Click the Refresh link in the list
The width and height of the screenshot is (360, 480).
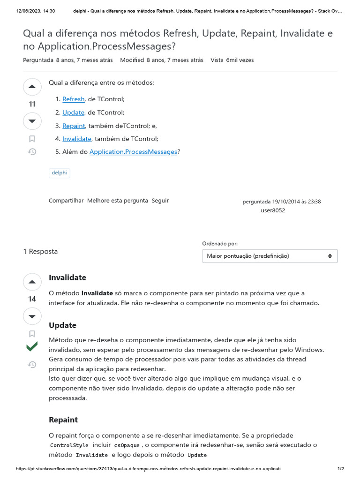point(73,99)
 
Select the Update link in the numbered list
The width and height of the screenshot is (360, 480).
point(73,112)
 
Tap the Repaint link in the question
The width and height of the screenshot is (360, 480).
point(74,126)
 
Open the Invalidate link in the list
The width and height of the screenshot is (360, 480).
point(76,139)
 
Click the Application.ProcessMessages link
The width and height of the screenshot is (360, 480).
point(133,152)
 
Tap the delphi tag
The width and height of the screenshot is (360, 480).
point(60,173)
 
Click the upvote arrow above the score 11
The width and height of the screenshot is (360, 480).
point(32,87)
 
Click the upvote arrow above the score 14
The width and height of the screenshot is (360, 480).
point(32,282)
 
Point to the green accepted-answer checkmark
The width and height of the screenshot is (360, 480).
point(32,347)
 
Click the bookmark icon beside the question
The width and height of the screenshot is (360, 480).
point(32,139)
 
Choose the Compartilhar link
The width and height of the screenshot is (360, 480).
point(66,201)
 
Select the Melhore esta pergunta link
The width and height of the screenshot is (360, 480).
point(118,201)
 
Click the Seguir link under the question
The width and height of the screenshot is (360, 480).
point(160,201)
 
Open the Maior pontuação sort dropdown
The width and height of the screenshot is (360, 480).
point(270,256)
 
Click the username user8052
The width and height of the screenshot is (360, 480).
point(273,210)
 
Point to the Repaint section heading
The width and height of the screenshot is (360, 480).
point(63,420)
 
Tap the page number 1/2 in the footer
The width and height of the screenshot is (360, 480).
point(341,469)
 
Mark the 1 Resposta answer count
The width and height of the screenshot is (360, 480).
point(41,252)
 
